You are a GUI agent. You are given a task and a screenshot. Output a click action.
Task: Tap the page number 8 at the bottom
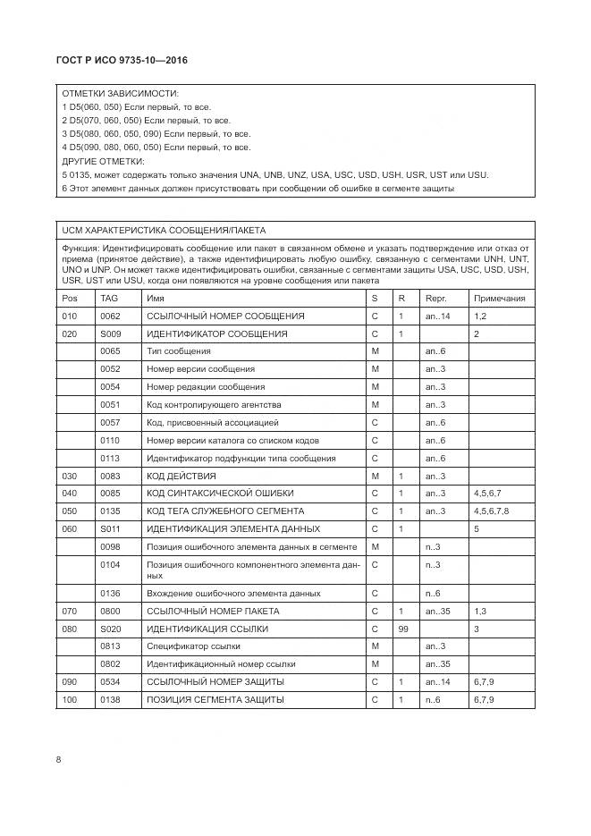[x=58, y=760]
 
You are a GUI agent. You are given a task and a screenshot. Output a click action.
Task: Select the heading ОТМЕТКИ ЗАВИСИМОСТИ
[x=119, y=93]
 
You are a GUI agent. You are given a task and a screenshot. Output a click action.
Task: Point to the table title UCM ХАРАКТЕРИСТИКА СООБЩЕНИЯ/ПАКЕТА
[x=164, y=230]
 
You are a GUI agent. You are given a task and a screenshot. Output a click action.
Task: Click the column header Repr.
[x=435, y=299]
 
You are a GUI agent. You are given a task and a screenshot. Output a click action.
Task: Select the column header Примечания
[x=499, y=299]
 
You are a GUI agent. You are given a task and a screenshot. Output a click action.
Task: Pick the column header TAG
[x=109, y=299]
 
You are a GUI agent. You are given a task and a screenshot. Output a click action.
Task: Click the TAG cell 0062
[x=110, y=317]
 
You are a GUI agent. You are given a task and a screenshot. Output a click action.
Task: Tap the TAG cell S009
[x=110, y=334]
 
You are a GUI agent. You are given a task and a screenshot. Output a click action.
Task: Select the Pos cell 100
[x=69, y=699]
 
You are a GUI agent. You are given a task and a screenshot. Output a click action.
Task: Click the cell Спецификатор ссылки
[x=193, y=646]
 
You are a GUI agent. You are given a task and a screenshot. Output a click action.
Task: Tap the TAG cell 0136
[x=110, y=593]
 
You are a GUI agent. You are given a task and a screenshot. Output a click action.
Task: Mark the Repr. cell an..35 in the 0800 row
[x=438, y=611]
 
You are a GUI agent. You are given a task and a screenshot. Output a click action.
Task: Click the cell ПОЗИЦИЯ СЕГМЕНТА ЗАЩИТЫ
[x=215, y=699]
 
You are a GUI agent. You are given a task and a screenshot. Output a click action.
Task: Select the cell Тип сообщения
[x=179, y=351]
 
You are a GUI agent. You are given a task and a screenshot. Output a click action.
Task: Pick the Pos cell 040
[x=69, y=494]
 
